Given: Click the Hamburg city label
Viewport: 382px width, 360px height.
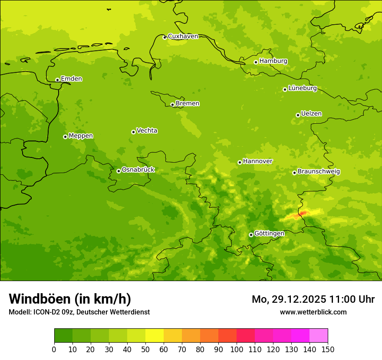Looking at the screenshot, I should (x=273, y=61).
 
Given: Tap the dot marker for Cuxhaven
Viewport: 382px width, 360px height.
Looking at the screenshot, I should (x=165, y=37).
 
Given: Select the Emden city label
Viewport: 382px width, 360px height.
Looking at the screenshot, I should (x=71, y=79).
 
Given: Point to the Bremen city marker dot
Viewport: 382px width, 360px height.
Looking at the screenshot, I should (x=172, y=105).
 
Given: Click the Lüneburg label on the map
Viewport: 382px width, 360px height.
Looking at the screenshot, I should (x=302, y=88).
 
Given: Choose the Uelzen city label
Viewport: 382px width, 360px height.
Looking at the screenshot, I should (x=311, y=114).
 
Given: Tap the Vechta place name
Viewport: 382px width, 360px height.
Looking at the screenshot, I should (x=147, y=131).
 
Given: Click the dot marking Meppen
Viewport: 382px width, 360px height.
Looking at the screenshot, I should (x=65, y=137).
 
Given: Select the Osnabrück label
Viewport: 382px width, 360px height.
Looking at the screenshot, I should (x=138, y=170).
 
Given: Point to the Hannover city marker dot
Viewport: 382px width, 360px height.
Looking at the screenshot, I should (x=240, y=162).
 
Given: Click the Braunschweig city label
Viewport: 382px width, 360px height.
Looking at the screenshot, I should (x=319, y=171).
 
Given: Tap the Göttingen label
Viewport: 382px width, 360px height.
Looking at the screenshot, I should (x=269, y=233).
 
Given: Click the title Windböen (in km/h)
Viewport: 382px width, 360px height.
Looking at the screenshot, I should (x=70, y=299).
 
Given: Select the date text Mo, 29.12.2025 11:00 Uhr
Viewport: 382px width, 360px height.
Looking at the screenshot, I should (x=313, y=299).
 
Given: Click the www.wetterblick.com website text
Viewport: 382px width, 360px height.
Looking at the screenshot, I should (x=313, y=312).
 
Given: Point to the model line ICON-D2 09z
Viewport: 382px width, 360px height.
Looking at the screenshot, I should (x=79, y=312).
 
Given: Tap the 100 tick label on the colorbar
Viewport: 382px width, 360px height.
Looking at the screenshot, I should (x=237, y=349).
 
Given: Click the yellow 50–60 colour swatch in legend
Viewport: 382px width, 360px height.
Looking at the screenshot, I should (x=155, y=336).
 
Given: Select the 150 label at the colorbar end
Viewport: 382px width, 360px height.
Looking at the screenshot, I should (x=328, y=349).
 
